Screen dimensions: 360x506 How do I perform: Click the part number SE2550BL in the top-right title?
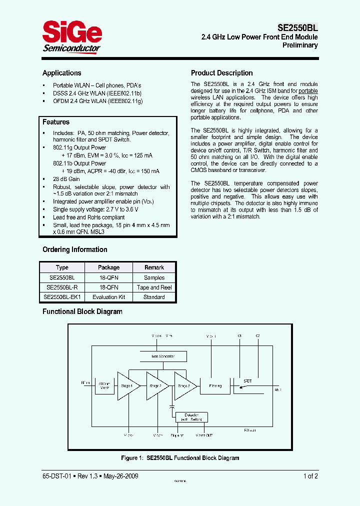click(x=298, y=28)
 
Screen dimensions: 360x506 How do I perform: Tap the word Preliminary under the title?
click(x=300, y=45)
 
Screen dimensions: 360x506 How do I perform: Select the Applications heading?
click(x=61, y=73)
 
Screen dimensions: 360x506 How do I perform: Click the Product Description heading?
click(x=221, y=73)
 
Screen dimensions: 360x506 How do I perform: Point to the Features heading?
click(x=56, y=122)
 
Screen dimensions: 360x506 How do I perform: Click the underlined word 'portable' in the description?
click(x=308, y=91)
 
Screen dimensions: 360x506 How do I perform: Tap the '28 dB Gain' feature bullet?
click(x=66, y=179)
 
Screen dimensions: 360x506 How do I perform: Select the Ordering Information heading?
click(x=74, y=249)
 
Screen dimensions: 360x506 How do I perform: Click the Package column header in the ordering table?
click(x=108, y=267)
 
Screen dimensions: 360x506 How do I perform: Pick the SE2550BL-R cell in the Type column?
click(x=62, y=287)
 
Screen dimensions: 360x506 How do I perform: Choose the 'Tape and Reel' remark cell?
click(x=154, y=287)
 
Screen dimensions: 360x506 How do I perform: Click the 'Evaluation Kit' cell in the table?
click(x=108, y=297)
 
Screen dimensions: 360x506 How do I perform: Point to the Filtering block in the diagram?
click(x=215, y=385)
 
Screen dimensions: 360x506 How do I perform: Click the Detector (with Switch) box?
click(x=191, y=417)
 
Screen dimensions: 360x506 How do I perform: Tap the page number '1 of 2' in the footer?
click(x=310, y=476)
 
